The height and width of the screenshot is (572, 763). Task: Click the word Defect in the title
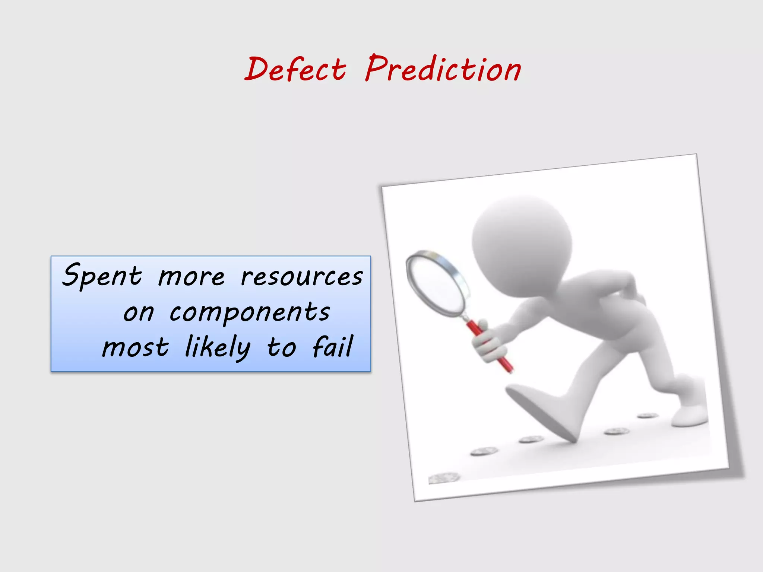pyautogui.click(x=295, y=70)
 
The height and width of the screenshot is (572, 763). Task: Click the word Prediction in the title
pyautogui.click(x=443, y=69)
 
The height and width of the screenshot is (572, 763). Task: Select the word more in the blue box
pyautogui.click(x=191, y=277)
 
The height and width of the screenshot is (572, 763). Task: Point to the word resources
pyautogui.click(x=302, y=277)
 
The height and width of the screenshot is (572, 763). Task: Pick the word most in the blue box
pyautogui.click(x=136, y=347)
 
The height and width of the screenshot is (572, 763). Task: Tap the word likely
pyautogui.click(x=218, y=347)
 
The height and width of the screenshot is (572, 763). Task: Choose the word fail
pyautogui.click(x=332, y=347)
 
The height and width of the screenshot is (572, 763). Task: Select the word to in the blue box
pyautogui.click(x=282, y=347)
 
